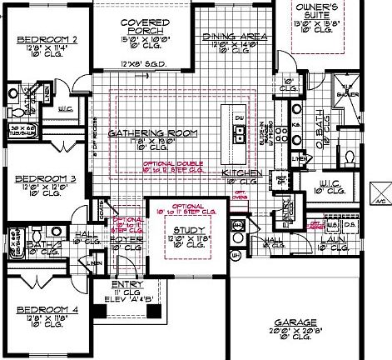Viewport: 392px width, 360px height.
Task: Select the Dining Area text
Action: (x=235, y=37)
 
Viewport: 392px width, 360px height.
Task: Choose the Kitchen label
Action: (x=242, y=172)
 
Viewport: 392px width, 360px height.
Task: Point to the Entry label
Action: (x=128, y=286)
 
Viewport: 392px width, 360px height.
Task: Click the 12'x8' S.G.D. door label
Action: (x=140, y=64)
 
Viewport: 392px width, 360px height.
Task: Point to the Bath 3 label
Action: (x=37, y=243)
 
